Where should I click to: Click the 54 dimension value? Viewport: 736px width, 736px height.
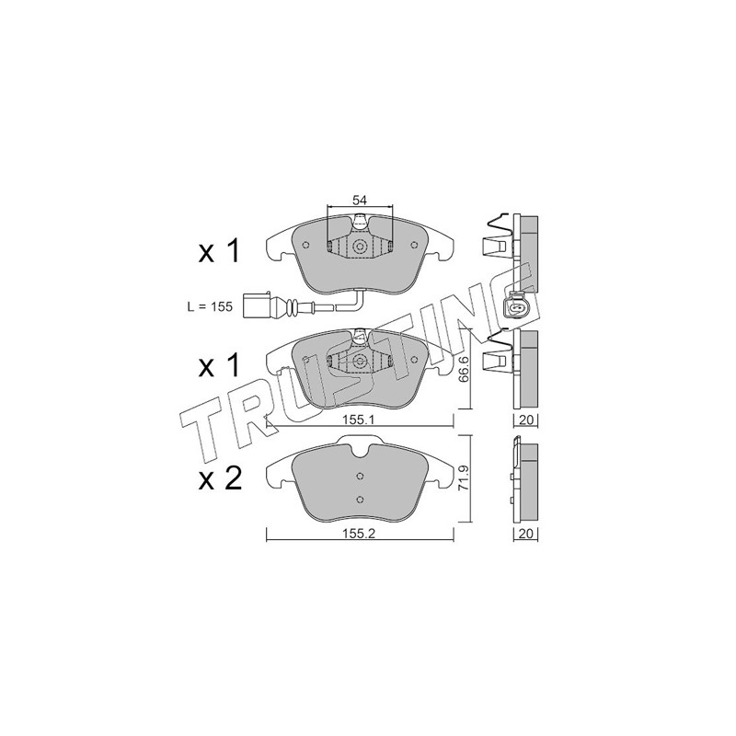(x=359, y=200)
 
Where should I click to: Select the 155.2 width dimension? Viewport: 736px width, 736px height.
(x=359, y=534)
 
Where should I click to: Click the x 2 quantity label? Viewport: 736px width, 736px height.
(x=220, y=479)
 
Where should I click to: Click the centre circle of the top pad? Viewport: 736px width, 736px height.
(x=360, y=247)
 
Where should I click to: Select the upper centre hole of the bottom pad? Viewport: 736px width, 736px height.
(x=360, y=477)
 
